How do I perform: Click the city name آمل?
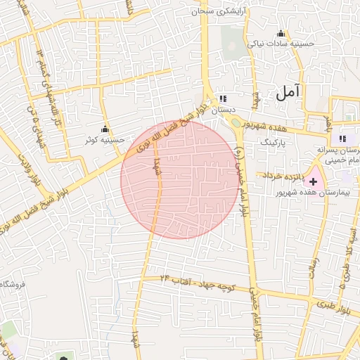(288, 91)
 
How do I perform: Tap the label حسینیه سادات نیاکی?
(282, 44)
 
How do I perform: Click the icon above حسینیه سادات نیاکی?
(281, 32)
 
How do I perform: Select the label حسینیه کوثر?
(105, 139)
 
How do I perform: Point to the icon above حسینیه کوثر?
(105, 129)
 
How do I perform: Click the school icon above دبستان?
(223, 99)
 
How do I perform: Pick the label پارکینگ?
(275, 141)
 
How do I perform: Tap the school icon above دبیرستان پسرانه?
(343, 139)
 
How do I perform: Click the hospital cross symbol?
(313, 181)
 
